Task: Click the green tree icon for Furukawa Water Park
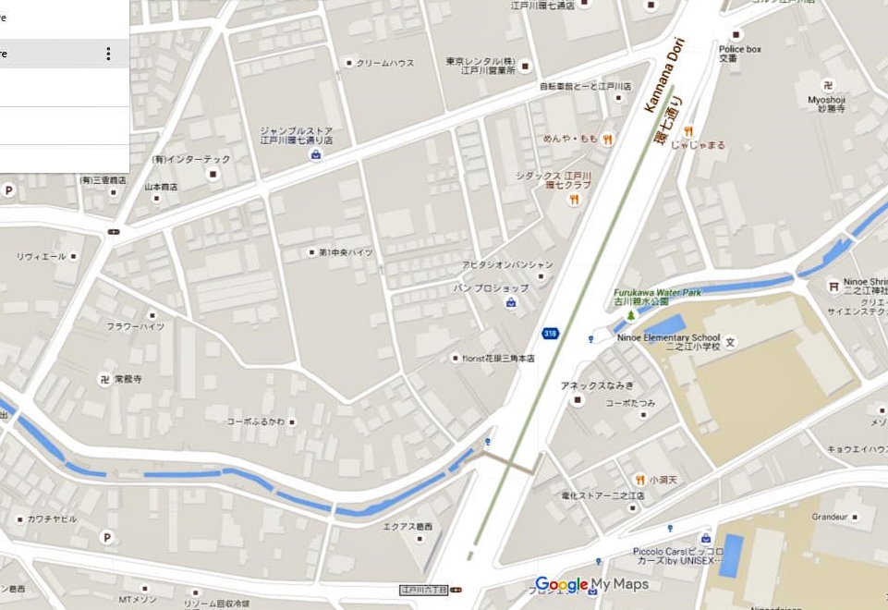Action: click(631, 315)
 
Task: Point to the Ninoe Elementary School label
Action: click(668, 337)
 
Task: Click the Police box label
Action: click(739, 49)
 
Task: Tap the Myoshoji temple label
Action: click(826, 99)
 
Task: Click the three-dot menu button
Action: click(108, 54)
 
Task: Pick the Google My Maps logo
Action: click(591, 584)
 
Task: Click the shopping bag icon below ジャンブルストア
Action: click(316, 154)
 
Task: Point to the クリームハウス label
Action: click(385, 63)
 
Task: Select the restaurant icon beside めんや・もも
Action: click(607, 140)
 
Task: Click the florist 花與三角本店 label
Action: click(499, 358)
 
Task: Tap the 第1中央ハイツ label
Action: click(346, 252)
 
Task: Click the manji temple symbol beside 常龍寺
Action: click(104, 379)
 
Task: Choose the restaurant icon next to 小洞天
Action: click(639, 480)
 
